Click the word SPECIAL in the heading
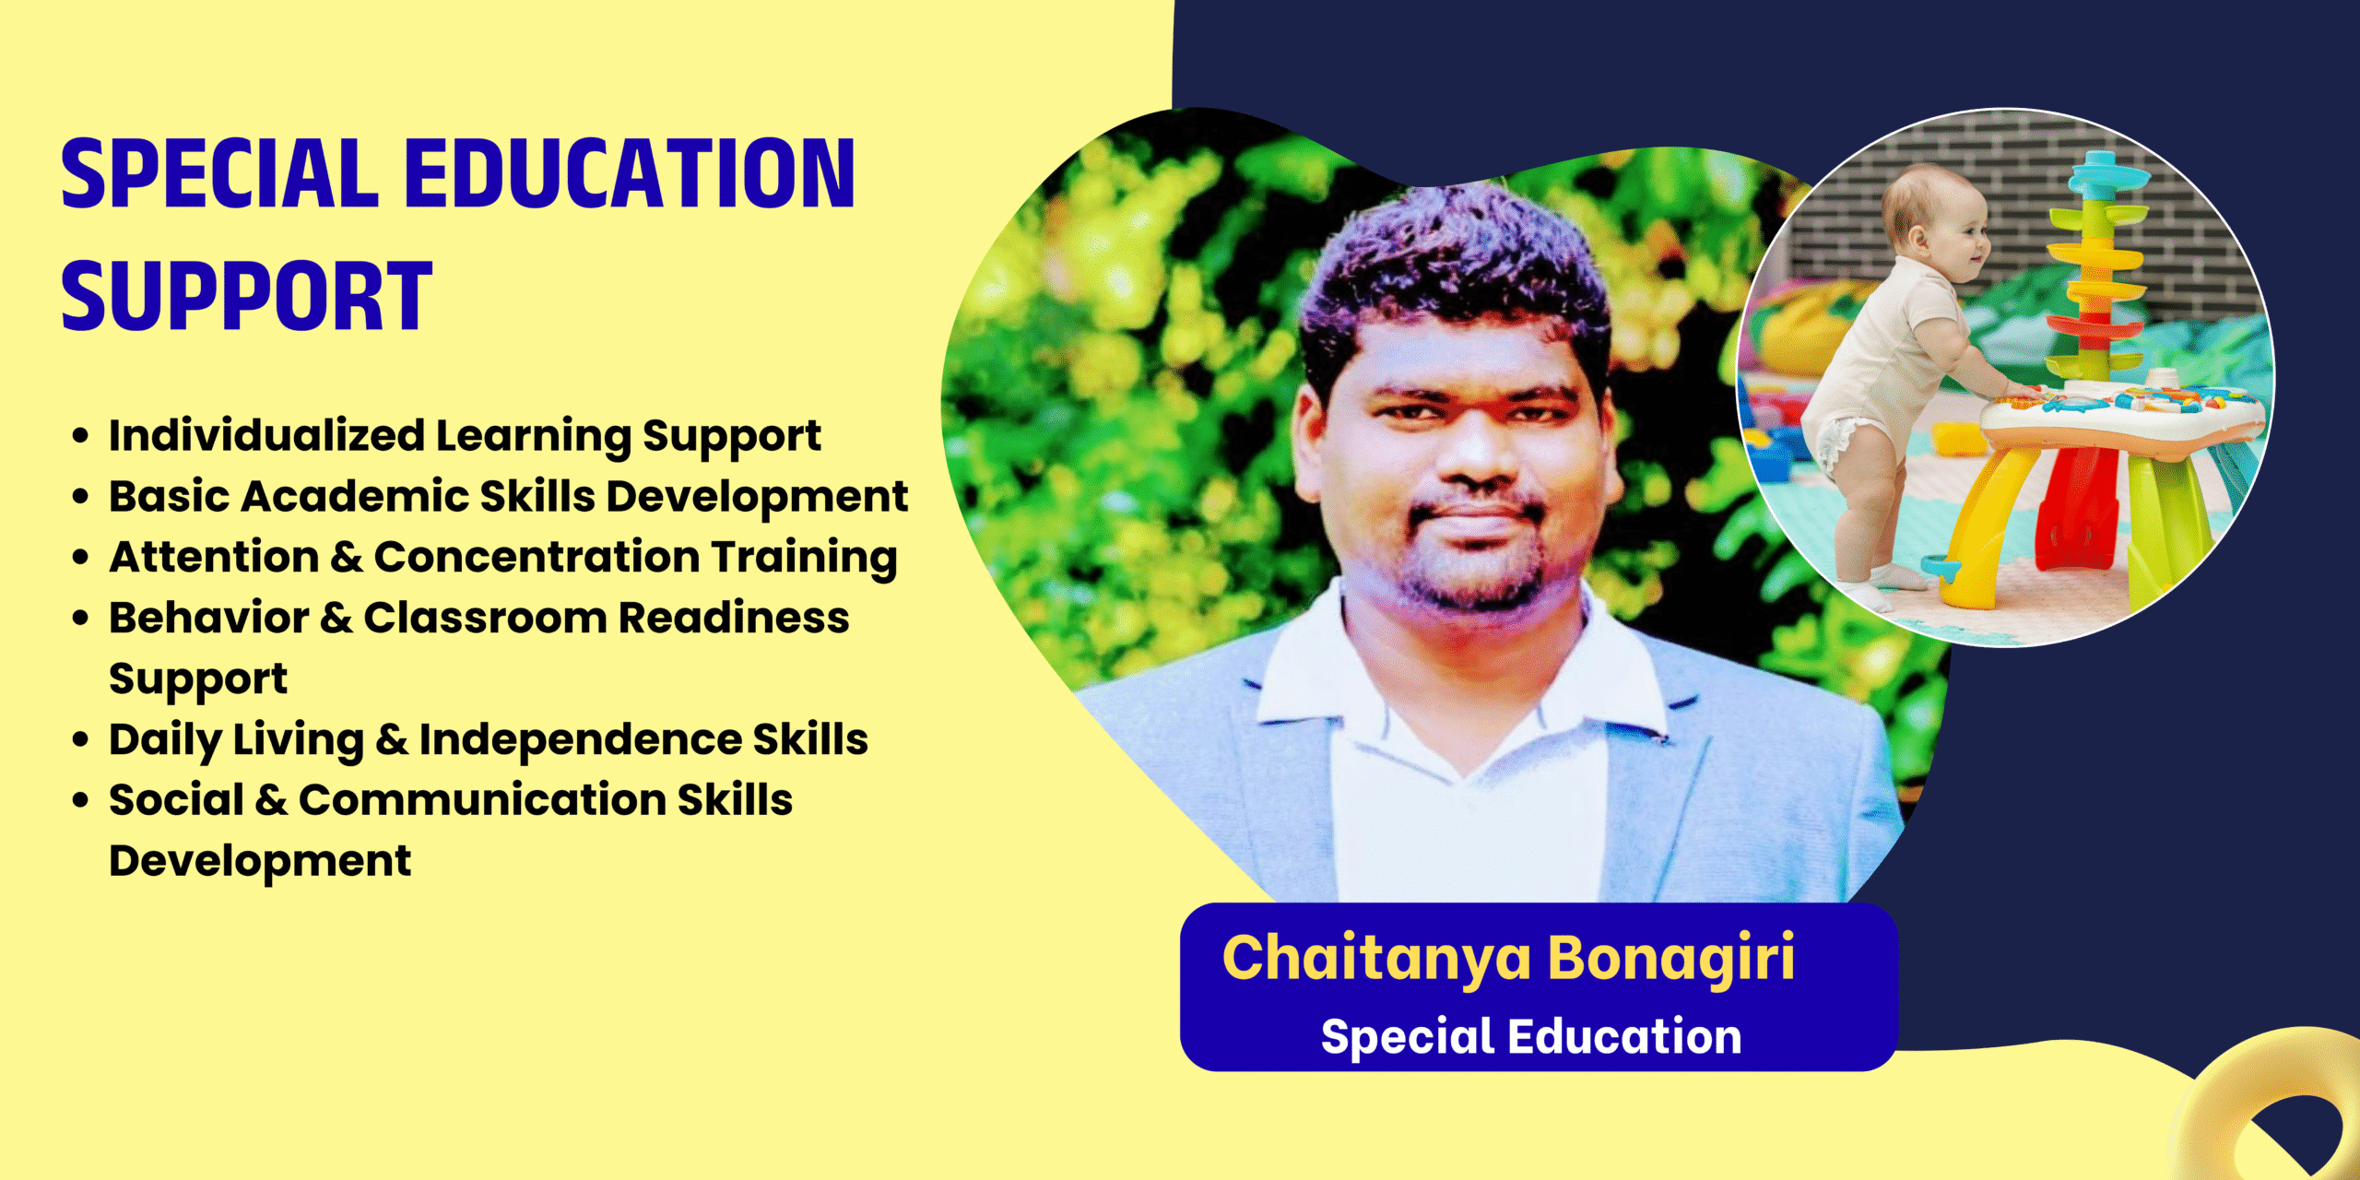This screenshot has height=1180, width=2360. (x=219, y=173)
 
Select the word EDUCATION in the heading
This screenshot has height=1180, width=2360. (x=630, y=173)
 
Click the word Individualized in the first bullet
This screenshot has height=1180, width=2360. (x=266, y=434)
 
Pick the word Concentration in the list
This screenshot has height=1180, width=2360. (x=537, y=557)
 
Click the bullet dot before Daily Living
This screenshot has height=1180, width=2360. (x=81, y=739)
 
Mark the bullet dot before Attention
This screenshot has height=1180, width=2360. (x=81, y=557)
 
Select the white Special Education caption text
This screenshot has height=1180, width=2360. (x=1531, y=1036)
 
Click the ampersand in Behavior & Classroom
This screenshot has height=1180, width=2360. (x=336, y=618)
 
